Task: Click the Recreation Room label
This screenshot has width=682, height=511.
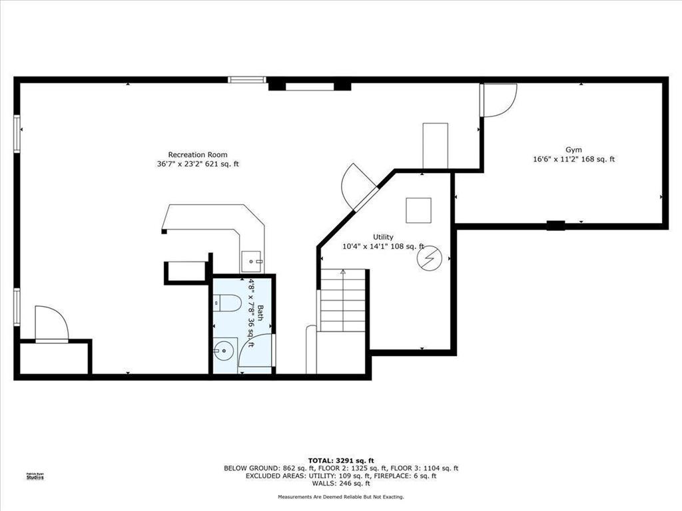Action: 198,154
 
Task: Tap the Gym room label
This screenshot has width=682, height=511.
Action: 573,150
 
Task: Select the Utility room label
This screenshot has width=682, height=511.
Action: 383,237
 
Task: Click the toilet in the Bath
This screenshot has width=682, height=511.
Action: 227,303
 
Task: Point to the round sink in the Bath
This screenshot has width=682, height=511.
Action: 224,349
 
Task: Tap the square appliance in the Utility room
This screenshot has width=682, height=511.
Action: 418,210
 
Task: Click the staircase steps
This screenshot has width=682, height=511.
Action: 343,300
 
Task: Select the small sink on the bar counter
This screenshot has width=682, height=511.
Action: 251,261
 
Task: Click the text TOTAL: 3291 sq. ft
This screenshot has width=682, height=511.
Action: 341,460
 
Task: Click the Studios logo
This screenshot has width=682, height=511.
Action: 35,476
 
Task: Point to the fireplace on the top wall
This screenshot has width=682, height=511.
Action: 310,86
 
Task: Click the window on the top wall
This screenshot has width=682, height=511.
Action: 246,80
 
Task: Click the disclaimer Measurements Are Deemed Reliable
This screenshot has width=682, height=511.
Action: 341,496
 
